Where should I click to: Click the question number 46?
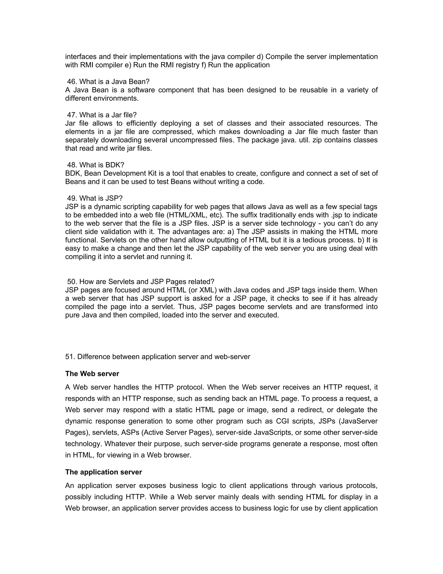[72, 82]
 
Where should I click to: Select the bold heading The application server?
[103, 472]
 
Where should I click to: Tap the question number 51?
[70, 357]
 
